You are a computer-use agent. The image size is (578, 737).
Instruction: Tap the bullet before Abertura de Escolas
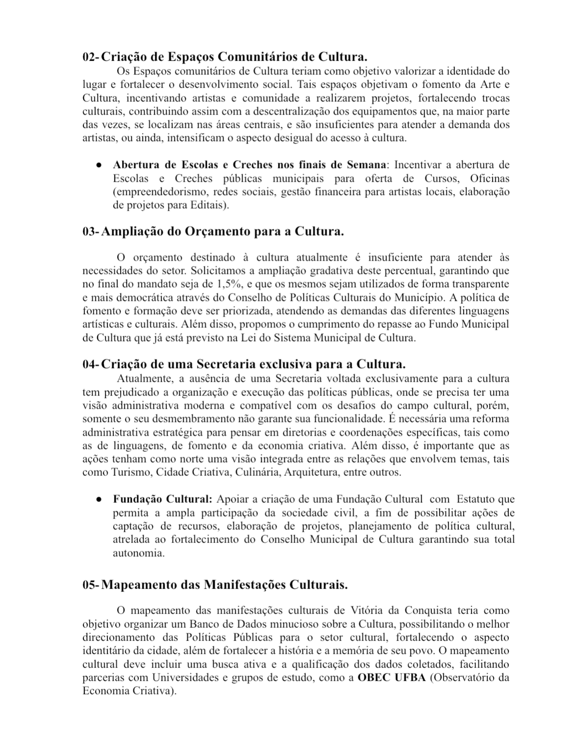[99, 165]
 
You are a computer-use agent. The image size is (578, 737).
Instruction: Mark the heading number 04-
[91, 365]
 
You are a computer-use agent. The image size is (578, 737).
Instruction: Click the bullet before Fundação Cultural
[99, 500]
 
